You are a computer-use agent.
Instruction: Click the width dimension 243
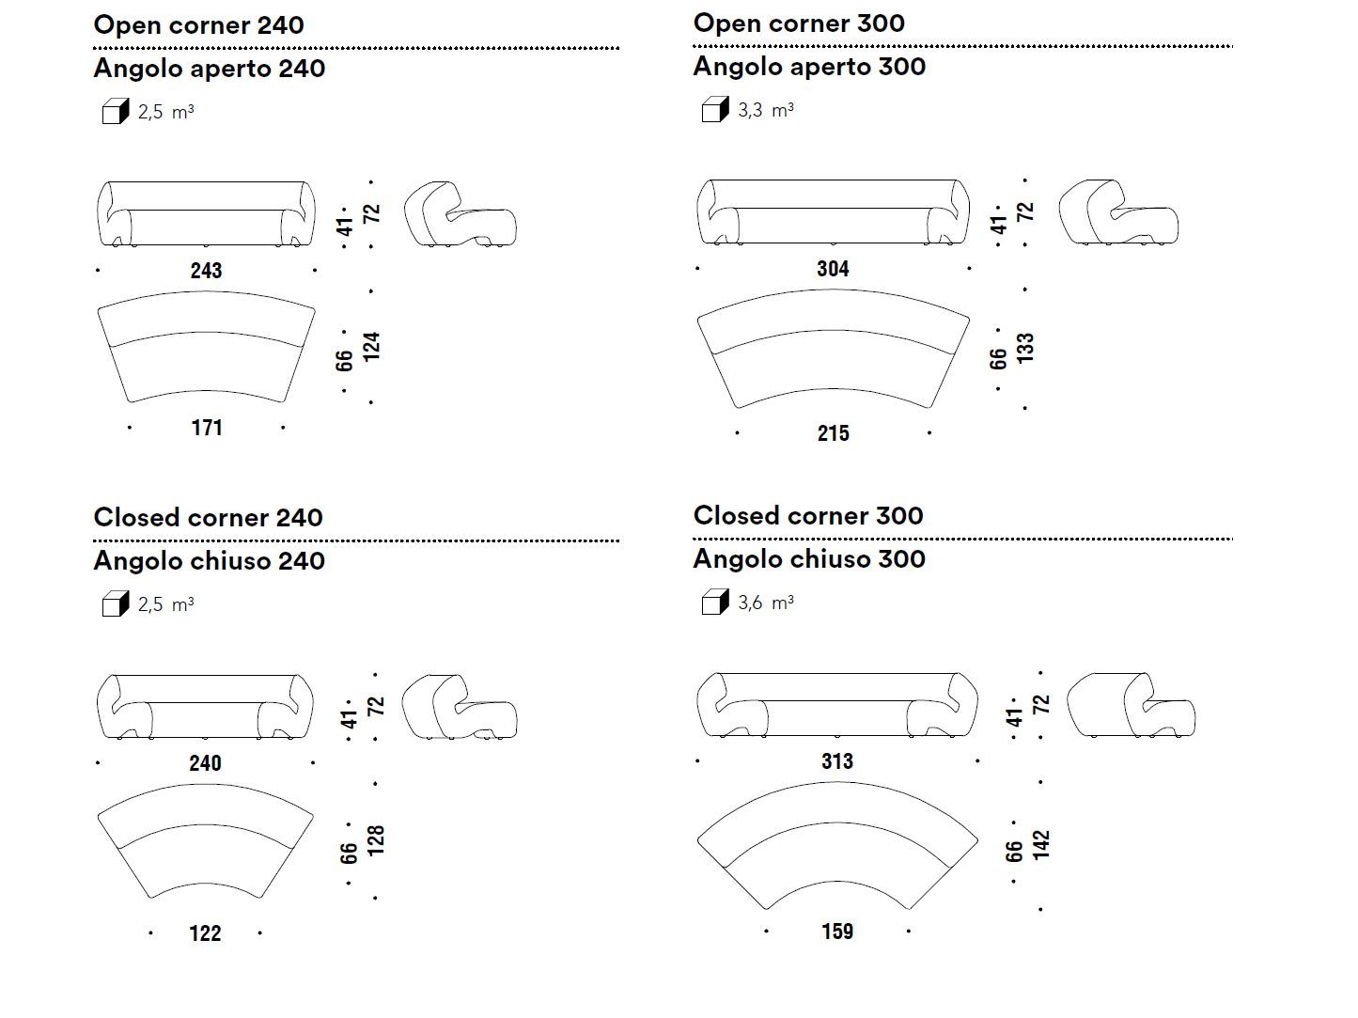tap(206, 271)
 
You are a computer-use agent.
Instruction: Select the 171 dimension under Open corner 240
tap(207, 428)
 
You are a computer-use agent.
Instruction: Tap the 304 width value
tap(833, 269)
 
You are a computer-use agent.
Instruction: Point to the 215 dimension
tap(833, 433)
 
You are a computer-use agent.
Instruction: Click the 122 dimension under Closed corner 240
tap(205, 933)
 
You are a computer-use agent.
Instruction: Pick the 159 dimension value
tap(836, 932)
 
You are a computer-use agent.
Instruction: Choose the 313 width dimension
tap(836, 761)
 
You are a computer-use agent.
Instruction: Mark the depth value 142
tap(1041, 845)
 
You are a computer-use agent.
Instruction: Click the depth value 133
tap(1025, 348)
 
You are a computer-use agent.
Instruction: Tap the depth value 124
tap(372, 347)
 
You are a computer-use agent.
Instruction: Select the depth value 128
tap(376, 840)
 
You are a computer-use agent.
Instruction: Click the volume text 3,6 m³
tap(766, 603)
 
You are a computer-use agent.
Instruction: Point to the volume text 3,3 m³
tap(766, 110)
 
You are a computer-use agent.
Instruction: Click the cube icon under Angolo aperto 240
tap(115, 112)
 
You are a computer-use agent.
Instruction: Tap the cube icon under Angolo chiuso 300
tap(715, 602)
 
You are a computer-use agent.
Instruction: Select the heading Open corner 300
tap(799, 23)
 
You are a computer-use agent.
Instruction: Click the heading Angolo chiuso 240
tap(209, 561)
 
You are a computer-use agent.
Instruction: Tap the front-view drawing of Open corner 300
tap(833, 212)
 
